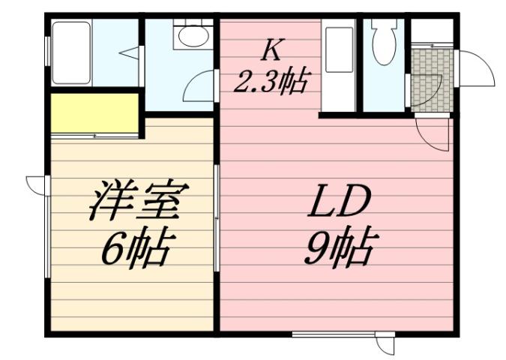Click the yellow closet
coord(94,112)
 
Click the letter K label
coord(271,50)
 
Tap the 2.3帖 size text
coord(271,79)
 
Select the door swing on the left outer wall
coord(36,183)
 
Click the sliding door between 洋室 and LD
coord(217,217)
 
